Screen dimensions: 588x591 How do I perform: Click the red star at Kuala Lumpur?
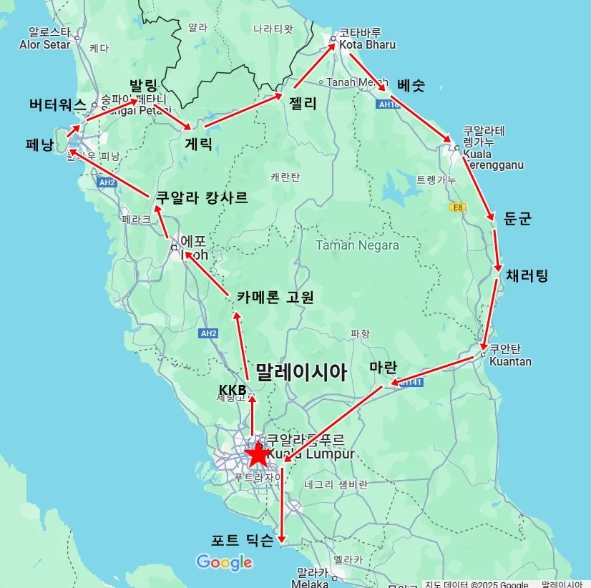(x=257, y=454)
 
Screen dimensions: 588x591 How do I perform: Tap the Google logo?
(x=224, y=563)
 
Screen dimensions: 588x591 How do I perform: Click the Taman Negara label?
(x=358, y=245)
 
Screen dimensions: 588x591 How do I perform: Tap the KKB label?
(x=232, y=389)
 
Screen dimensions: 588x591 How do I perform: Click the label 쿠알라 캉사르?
(x=202, y=197)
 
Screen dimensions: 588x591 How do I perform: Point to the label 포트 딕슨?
(x=242, y=541)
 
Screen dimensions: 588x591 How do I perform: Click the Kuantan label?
(x=510, y=361)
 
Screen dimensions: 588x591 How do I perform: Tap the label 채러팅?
(x=527, y=275)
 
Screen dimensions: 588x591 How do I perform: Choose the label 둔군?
(x=517, y=219)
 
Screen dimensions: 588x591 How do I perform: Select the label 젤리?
(x=303, y=103)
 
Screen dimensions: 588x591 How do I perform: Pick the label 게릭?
(x=198, y=143)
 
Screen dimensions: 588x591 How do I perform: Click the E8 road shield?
(x=456, y=207)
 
